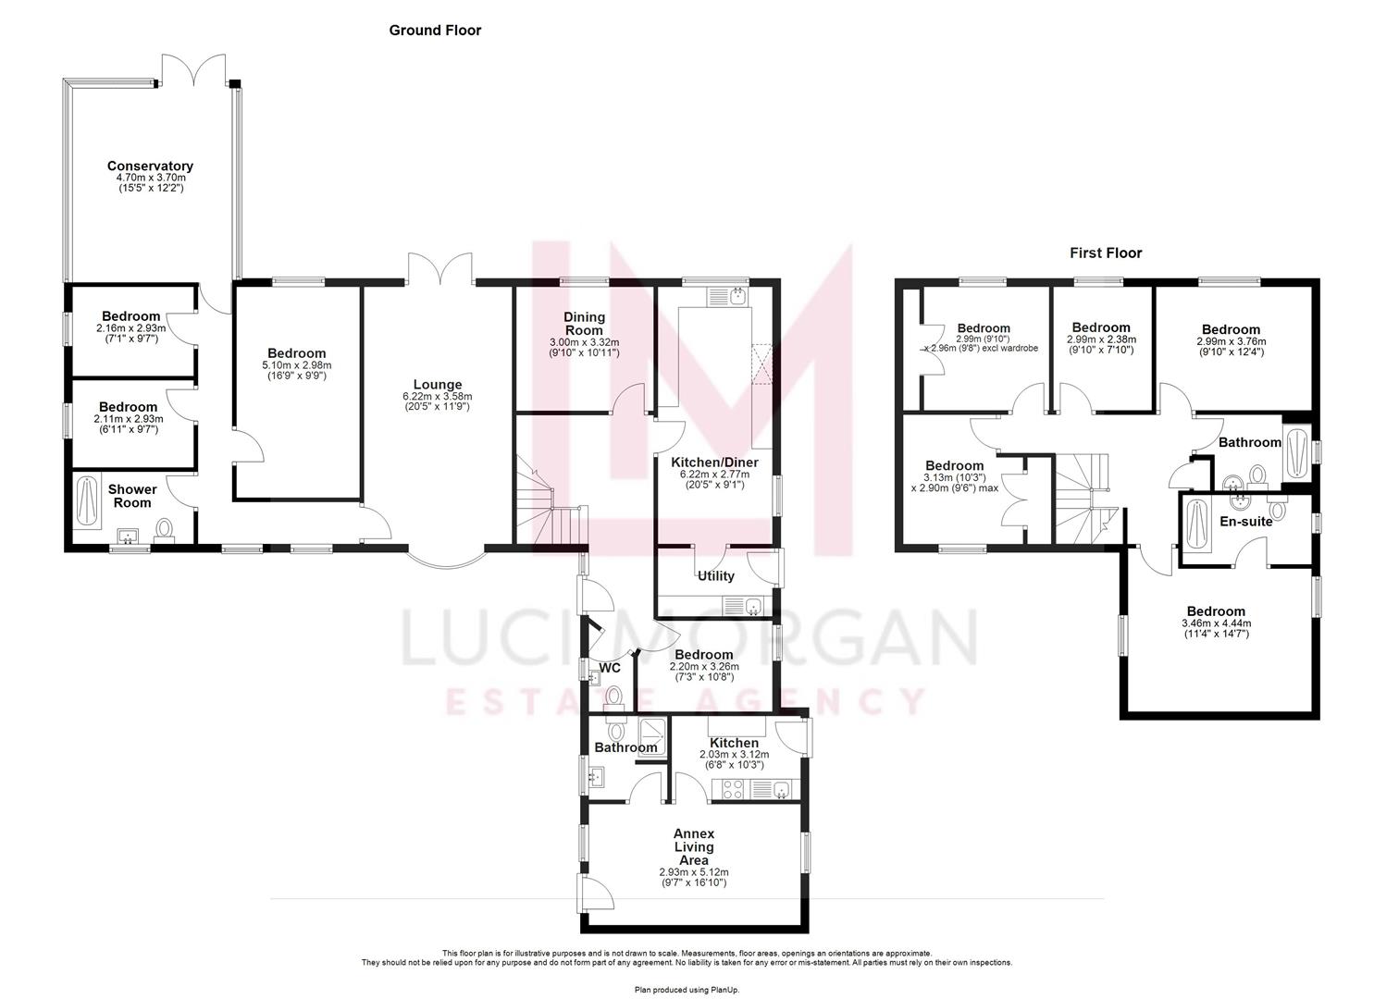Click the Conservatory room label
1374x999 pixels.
pyautogui.click(x=150, y=166)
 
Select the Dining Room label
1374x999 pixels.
pyautogui.click(x=584, y=324)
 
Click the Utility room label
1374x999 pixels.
pyautogui.click(x=715, y=576)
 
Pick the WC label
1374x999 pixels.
pyautogui.click(x=610, y=668)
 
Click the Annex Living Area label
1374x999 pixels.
pyautogui.click(x=693, y=846)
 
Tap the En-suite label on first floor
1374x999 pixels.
pyautogui.click(x=1246, y=522)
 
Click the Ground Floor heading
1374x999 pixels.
pyautogui.click(x=435, y=31)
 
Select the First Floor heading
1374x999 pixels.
pyautogui.click(x=1106, y=253)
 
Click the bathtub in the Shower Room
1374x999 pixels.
pyautogui.click(x=88, y=499)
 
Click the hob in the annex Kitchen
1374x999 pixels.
pyautogui.click(x=731, y=790)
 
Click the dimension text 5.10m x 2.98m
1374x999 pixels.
pyautogui.click(x=298, y=365)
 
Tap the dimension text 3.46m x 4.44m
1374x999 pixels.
pyautogui.click(x=1216, y=623)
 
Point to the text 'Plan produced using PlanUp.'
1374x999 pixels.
pyautogui.click(x=687, y=990)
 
